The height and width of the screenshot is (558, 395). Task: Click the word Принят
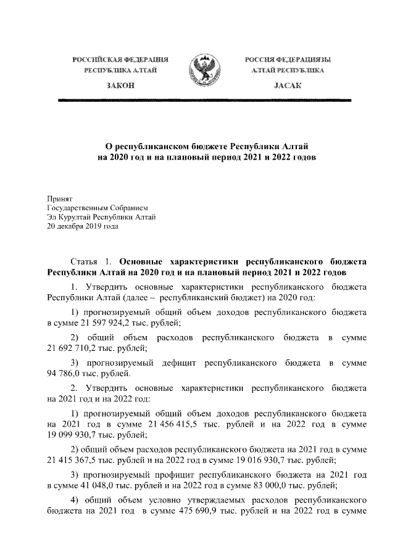click(60, 199)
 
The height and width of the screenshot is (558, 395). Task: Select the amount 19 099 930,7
click(73, 435)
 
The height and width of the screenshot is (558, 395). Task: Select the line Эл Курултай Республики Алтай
click(102, 217)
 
